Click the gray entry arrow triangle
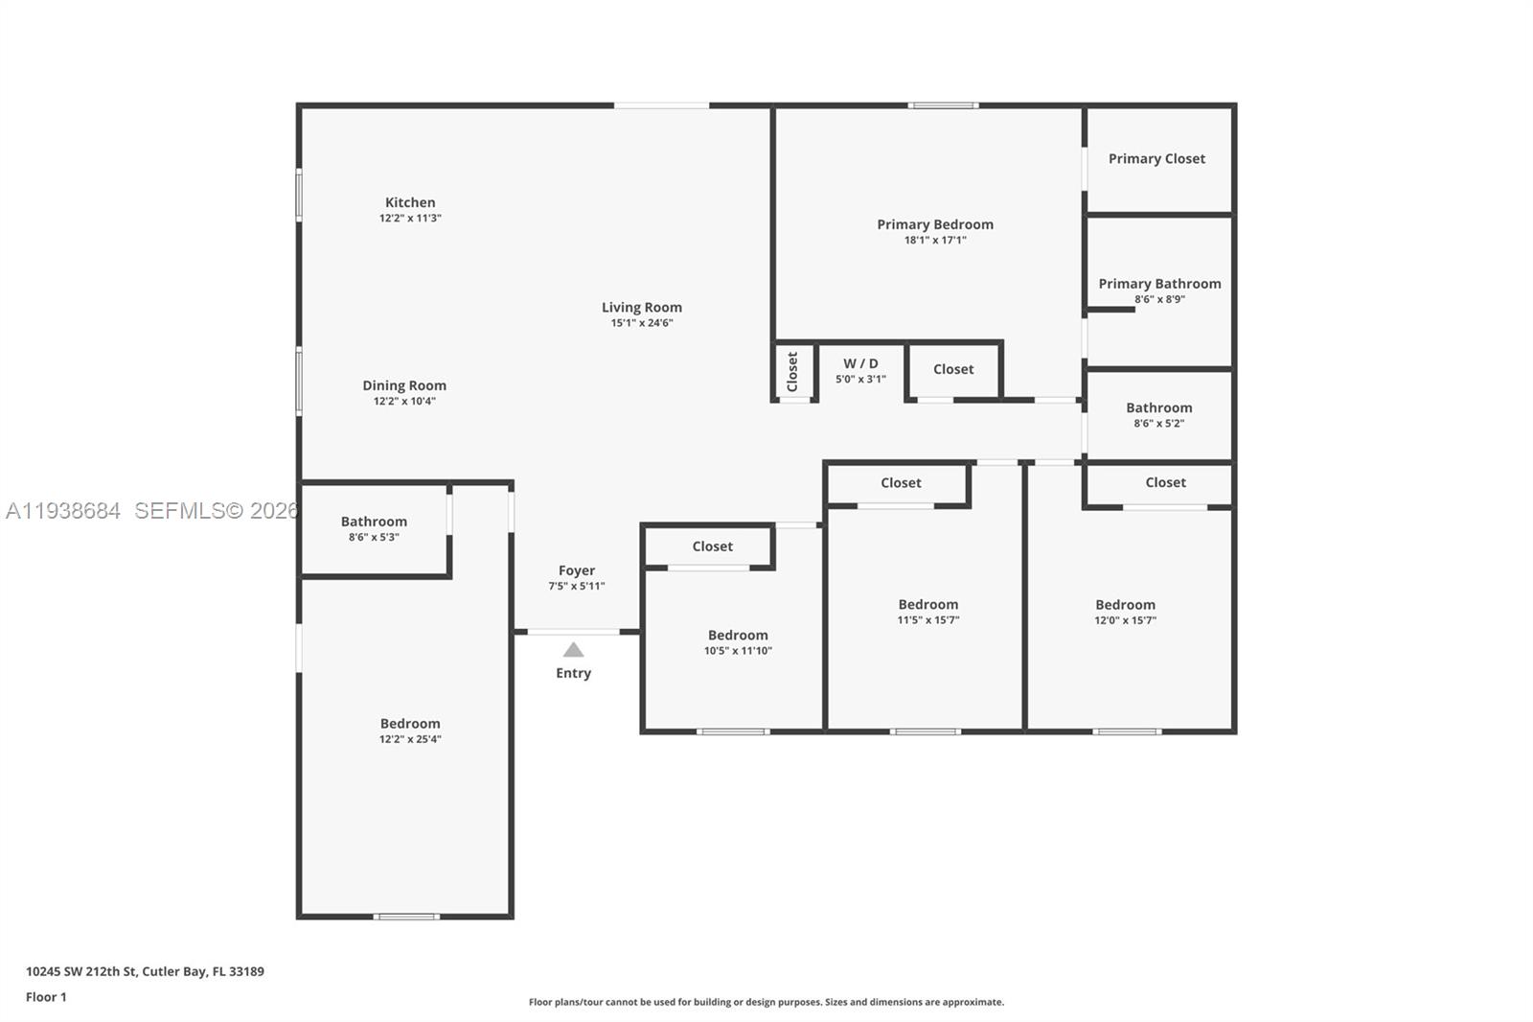click(573, 650)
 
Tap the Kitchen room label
click(410, 202)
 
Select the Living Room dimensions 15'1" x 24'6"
click(642, 323)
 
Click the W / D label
click(860, 363)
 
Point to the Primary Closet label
click(1156, 158)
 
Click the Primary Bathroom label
click(1159, 284)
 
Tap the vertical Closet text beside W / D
click(792, 371)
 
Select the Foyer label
click(577, 570)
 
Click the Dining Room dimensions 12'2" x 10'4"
click(404, 402)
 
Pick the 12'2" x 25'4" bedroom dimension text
click(410, 739)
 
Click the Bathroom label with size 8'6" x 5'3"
click(374, 522)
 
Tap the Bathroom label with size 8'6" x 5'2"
click(1158, 407)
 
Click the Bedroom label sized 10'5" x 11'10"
click(738, 635)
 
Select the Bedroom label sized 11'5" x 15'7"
click(927, 604)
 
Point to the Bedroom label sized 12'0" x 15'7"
click(1125, 604)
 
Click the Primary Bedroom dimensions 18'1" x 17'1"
click(935, 241)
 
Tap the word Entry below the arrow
click(573, 673)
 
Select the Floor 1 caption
click(46, 997)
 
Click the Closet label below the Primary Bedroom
click(952, 369)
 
